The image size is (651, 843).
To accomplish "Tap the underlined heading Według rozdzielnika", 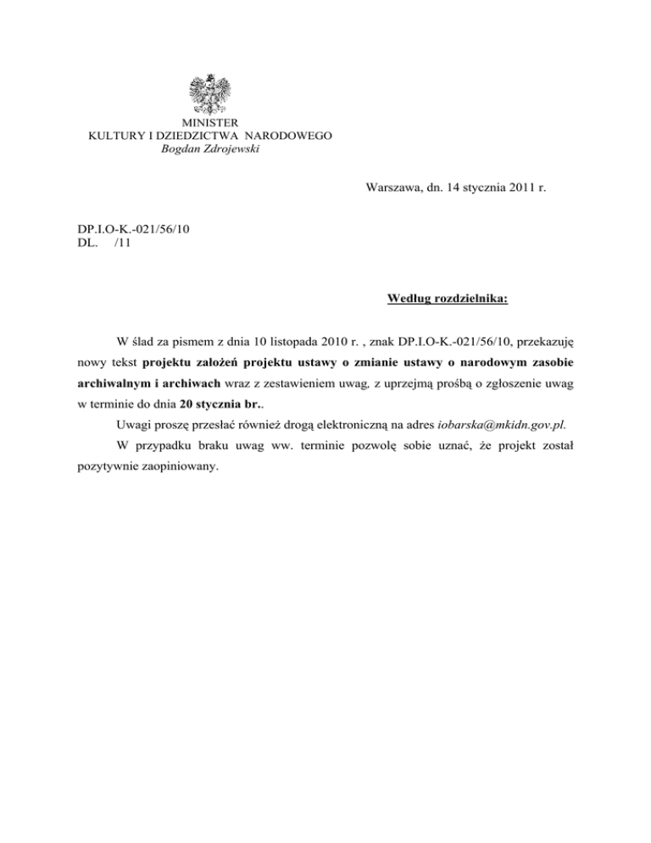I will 447,299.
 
